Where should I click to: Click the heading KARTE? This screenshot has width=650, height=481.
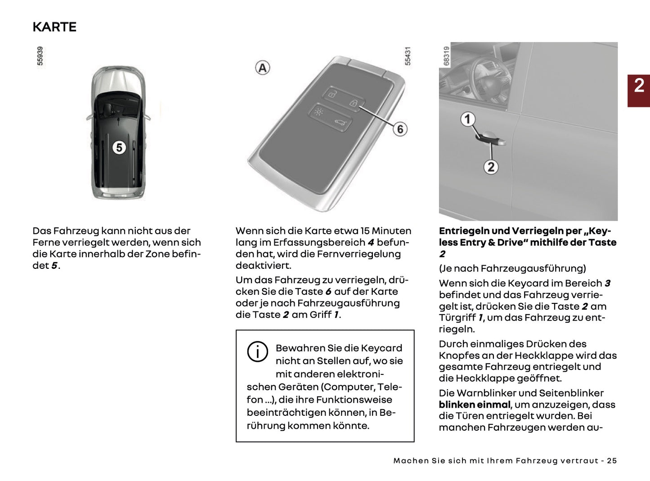(x=54, y=27)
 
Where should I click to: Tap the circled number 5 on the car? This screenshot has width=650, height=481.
(x=119, y=147)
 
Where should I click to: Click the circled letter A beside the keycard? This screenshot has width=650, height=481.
(x=263, y=68)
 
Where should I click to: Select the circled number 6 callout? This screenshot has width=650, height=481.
(x=400, y=129)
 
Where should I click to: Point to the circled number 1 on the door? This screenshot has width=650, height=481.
(x=468, y=119)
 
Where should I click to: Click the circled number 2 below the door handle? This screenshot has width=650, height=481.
(x=491, y=167)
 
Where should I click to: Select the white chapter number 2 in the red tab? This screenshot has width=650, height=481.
(x=639, y=85)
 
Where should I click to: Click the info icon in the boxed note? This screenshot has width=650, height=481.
(x=257, y=352)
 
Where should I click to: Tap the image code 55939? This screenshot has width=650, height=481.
(x=40, y=56)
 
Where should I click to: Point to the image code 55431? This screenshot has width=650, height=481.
(x=408, y=56)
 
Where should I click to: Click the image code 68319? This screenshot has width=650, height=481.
(x=446, y=56)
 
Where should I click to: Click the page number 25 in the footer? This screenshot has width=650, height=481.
(x=611, y=461)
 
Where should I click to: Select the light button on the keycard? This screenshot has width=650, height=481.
(x=319, y=111)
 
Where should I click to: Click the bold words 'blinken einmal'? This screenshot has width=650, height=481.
(x=475, y=405)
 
